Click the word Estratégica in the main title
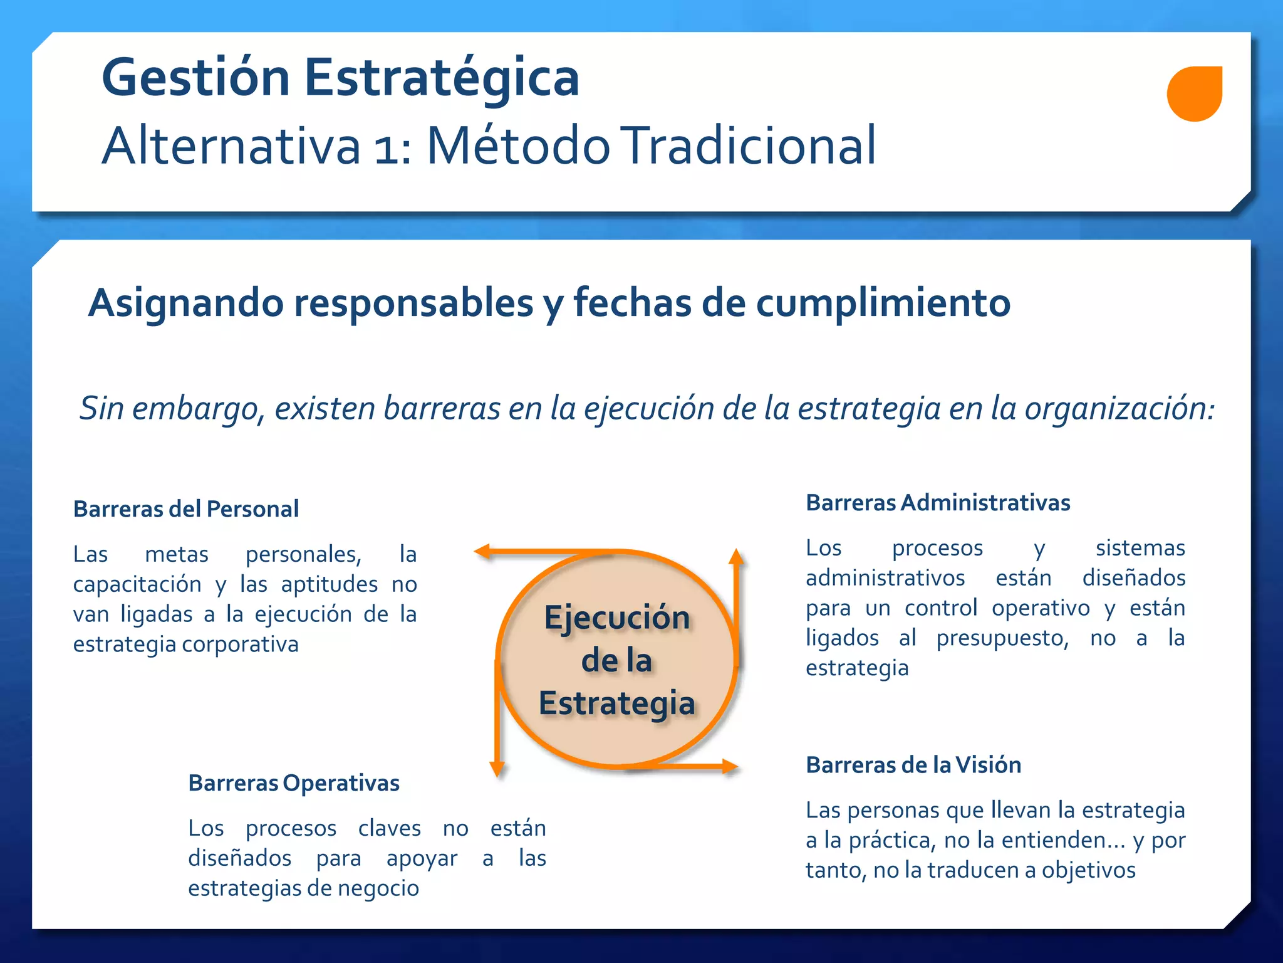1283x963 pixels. coord(442,78)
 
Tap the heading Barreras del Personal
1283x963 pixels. coord(186,509)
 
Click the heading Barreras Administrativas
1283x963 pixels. coord(938,503)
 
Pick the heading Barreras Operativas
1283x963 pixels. coord(294,783)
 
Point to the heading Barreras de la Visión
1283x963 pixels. coord(913,765)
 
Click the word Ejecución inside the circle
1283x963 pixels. coord(617,618)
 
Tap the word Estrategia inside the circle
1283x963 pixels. coord(617,703)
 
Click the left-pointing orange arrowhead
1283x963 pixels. coord(482,552)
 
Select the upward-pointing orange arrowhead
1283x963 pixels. coord(737,556)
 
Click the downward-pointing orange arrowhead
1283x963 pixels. coord(497,769)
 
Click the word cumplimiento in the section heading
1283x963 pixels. coord(883,303)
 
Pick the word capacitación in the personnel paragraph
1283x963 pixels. coord(137,584)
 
